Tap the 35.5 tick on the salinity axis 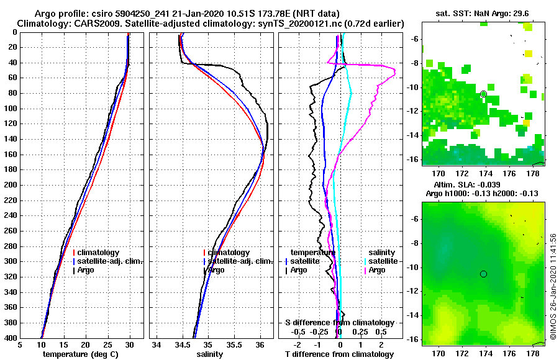pos(234,345)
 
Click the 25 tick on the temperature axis pos(107,345)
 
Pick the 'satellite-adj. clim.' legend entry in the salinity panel pos(238,261)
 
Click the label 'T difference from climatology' pos(339,354)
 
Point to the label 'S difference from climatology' pos(339,323)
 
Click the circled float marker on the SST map pos(483,94)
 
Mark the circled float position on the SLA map pos(483,274)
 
